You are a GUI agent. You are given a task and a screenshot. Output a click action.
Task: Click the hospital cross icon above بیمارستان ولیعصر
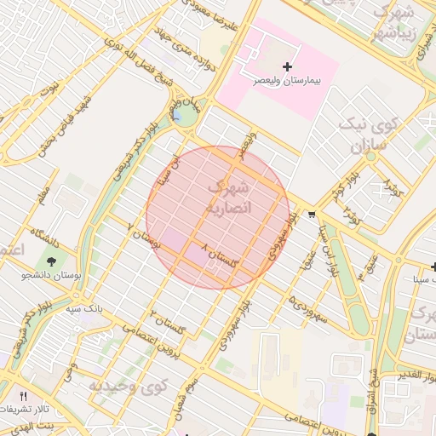287,66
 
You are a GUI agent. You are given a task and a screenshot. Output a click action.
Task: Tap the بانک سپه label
85,307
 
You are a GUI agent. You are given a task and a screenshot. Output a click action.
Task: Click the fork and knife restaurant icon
23,397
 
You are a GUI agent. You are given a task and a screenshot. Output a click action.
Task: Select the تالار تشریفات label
32,410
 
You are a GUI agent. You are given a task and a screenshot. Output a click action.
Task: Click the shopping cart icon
312,215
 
